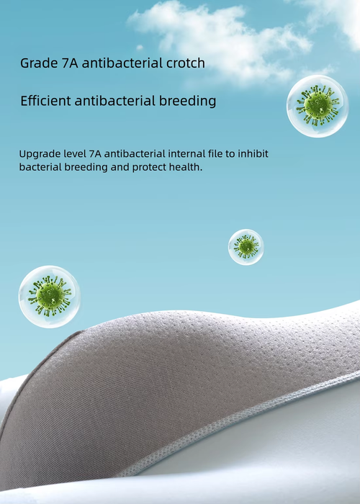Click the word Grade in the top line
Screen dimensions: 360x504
[38, 63]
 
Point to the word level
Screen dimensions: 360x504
[74, 153]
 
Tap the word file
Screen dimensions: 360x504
[214, 153]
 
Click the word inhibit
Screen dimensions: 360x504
[253, 153]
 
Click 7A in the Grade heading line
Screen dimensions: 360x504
[69, 63]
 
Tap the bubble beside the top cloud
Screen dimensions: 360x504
[318, 107]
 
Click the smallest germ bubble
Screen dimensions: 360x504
[246, 247]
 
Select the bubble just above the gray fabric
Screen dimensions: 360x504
[50, 297]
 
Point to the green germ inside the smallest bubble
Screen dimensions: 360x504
[246, 247]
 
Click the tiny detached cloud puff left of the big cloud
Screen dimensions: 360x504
[140, 48]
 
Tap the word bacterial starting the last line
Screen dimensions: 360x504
[40, 167]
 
